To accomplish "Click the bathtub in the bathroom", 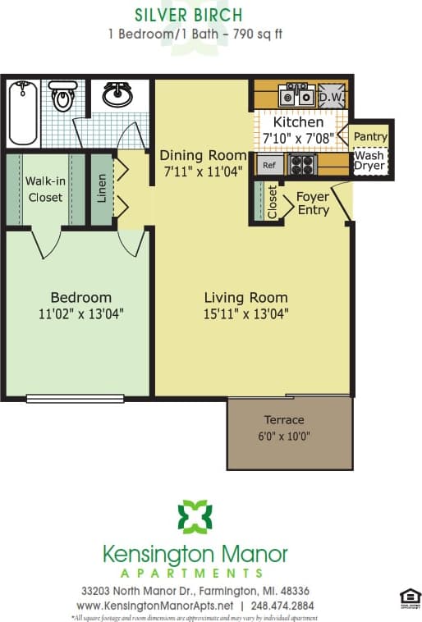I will [x=22, y=112].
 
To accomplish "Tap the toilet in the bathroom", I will [x=62, y=98].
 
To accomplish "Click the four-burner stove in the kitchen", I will [x=301, y=164].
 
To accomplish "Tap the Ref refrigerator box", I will [x=268, y=165].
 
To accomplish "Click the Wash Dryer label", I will [x=369, y=160].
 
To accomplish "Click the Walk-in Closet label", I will [x=45, y=189].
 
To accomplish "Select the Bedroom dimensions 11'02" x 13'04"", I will [x=80, y=313].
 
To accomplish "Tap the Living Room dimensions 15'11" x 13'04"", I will [x=245, y=313].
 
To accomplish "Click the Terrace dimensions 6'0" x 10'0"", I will [x=284, y=437].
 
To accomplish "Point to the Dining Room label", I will [x=203, y=155].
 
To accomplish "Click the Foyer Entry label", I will [x=313, y=204].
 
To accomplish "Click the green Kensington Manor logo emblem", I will [x=195, y=517].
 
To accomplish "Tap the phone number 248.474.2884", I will [x=282, y=606].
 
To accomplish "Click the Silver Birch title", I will [x=189, y=15].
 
